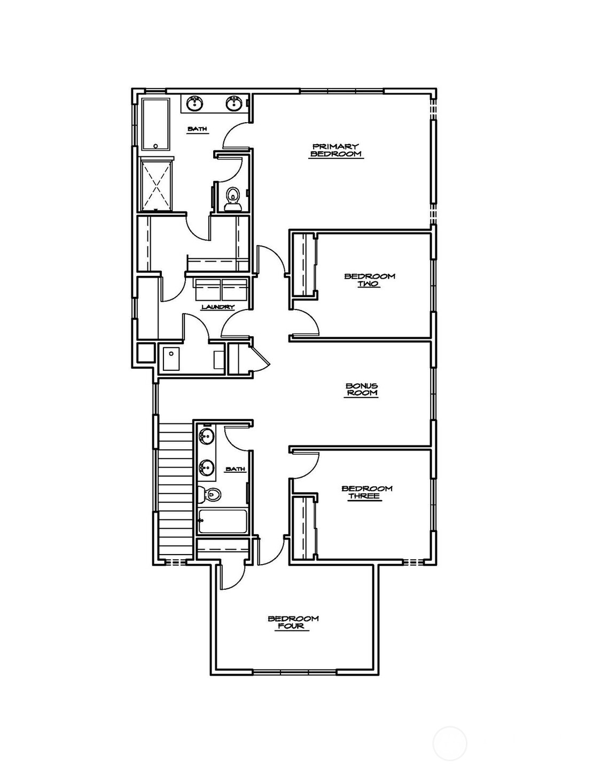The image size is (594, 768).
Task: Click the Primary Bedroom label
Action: point(335,151)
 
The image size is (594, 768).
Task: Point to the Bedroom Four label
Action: point(293,622)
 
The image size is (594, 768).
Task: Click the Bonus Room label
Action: point(362,389)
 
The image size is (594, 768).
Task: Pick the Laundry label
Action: point(217,307)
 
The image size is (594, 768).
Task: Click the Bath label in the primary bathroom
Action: point(197,129)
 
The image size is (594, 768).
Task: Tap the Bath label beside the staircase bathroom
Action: point(235,469)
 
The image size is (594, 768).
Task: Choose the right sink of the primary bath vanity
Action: point(234,103)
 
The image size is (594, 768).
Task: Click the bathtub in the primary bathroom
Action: point(155,123)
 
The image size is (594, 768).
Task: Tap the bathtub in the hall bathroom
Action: point(222,521)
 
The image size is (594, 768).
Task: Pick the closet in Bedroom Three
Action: point(303,527)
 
